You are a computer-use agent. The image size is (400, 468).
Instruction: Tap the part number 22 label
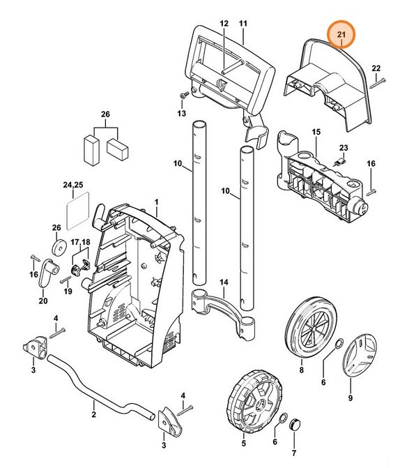(x=376, y=68)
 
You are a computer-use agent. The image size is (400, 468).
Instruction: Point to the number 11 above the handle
(x=243, y=24)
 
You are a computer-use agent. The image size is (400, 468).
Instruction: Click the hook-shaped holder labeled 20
(x=47, y=273)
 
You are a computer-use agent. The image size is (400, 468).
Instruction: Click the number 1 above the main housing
(x=157, y=202)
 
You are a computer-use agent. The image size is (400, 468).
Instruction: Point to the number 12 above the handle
(x=224, y=24)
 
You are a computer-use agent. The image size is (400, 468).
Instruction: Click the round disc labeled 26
(x=57, y=248)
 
